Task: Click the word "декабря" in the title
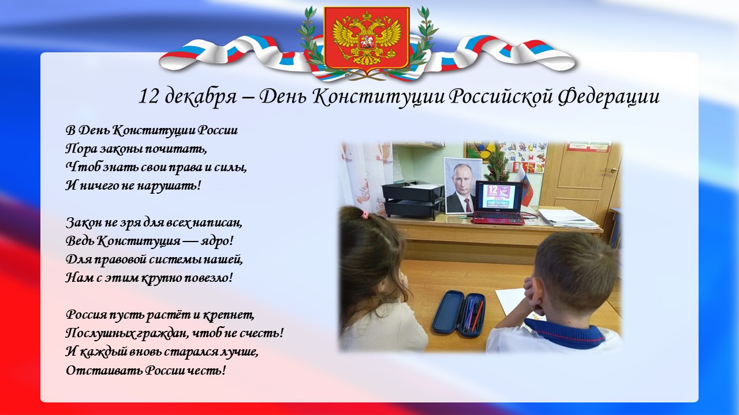(200, 97)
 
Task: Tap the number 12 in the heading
(148, 97)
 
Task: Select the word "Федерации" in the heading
(609, 97)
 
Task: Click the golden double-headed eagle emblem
(367, 39)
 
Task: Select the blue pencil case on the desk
(459, 313)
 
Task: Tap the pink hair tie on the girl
(364, 215)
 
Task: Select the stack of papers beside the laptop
(568, 218)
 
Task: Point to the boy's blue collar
(565, 333)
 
